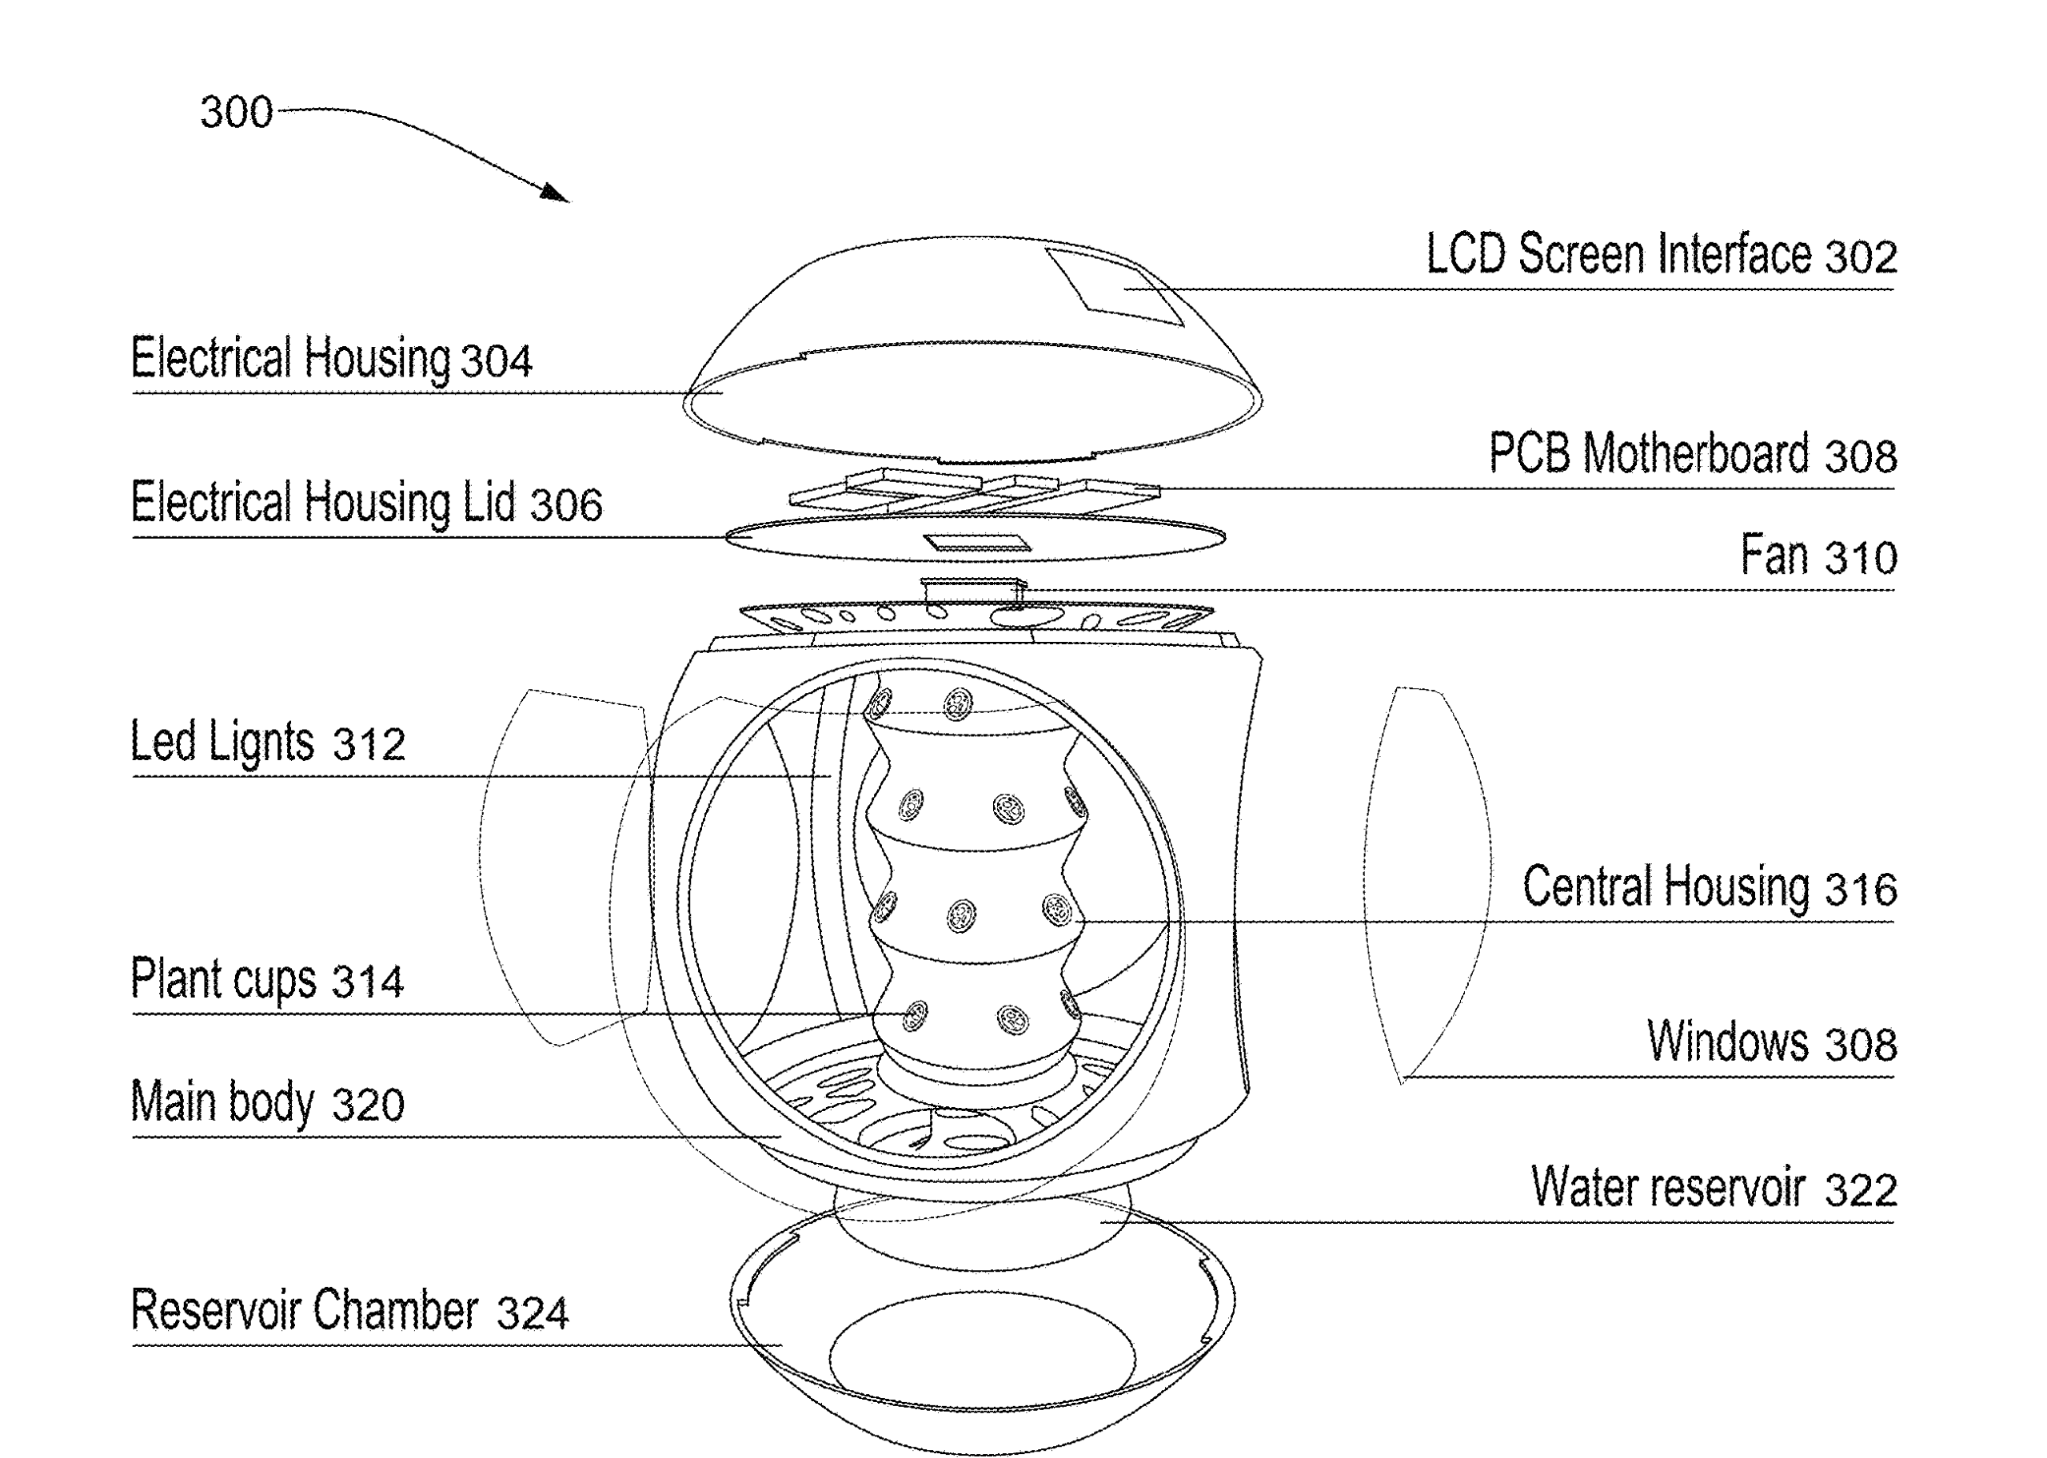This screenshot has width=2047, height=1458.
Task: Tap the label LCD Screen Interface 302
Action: click(1661, 255)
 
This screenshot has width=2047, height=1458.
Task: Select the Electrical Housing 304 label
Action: click(331, 359)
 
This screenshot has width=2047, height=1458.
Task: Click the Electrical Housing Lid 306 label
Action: click(366, 503)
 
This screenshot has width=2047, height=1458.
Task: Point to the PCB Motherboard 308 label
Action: click(1692, 453)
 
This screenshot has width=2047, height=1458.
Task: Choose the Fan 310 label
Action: click(1818, 556)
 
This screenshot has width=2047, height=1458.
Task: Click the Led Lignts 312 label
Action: click(268, 743)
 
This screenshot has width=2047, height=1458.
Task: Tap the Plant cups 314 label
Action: click(266, 979)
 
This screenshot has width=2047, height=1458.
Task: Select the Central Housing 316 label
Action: click(1710, 887)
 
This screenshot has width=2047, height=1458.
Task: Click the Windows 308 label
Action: click(1771, 1042)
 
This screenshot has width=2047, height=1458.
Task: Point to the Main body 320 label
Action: click(266, 1102)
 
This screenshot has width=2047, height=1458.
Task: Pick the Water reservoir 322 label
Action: click(1713, 1188)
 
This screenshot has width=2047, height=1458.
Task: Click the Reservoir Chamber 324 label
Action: click(349, 1311)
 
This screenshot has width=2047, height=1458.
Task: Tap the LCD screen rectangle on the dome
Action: click(1114, 285)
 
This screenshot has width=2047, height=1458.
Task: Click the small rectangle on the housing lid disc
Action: click(977, 542)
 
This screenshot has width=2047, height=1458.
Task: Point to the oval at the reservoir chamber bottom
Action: click(981, 1356)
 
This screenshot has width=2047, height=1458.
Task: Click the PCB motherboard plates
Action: click(974, 490)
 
